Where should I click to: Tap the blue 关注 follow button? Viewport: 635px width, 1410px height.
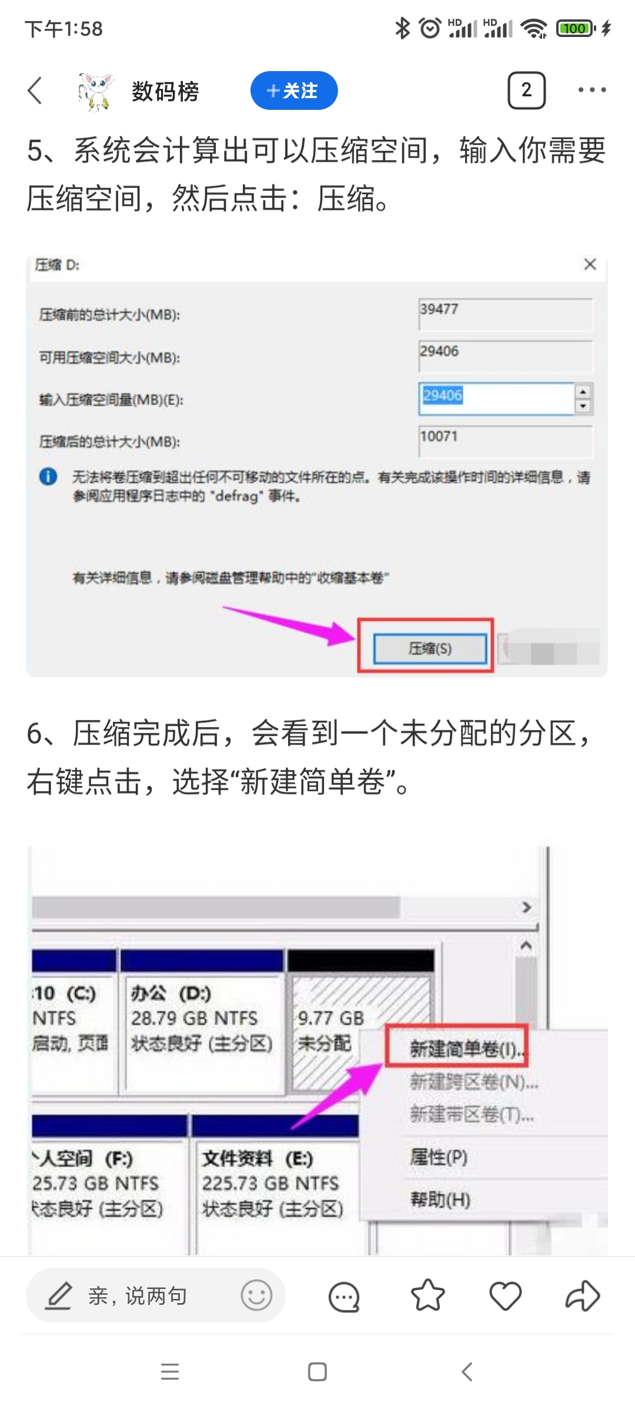coord(293,90)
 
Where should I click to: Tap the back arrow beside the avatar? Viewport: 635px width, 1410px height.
coord(35,90)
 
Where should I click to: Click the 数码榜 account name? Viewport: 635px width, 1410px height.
coord(165,91)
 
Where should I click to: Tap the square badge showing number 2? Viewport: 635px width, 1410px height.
coord(526,90)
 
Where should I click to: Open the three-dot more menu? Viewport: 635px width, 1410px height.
coord(591,90)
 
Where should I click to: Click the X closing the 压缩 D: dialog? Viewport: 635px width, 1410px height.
coord(590,264)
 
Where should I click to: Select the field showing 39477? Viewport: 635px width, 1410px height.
coord(504,314)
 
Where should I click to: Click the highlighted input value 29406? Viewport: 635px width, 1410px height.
coord(443,395)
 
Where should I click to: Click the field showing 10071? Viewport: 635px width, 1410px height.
coord(504,441)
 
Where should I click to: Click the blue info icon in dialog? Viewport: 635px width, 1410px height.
coord(48,476)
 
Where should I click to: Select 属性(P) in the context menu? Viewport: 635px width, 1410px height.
coord(439,1157)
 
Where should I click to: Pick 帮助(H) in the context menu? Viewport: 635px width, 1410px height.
coord(440,1199)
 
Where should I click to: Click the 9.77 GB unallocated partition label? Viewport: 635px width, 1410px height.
coord(330,1018)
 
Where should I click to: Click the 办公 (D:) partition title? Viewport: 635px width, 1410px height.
coord(171,993)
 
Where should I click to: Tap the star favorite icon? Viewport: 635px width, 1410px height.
coord(427,1295)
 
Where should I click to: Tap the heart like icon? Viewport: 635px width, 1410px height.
coord(505,1295)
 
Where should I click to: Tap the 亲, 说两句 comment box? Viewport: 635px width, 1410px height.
coord(138,1295)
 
